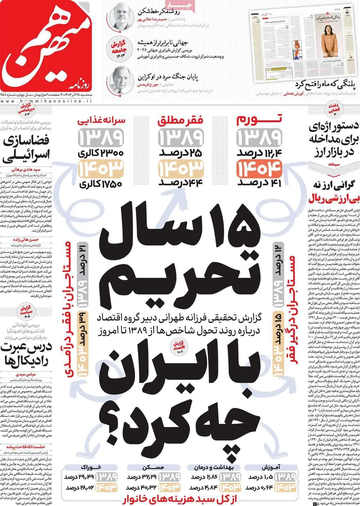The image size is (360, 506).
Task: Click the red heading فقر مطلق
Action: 181,121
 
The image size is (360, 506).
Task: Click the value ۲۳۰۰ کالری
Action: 100,153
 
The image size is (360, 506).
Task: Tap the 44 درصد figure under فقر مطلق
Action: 181,182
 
